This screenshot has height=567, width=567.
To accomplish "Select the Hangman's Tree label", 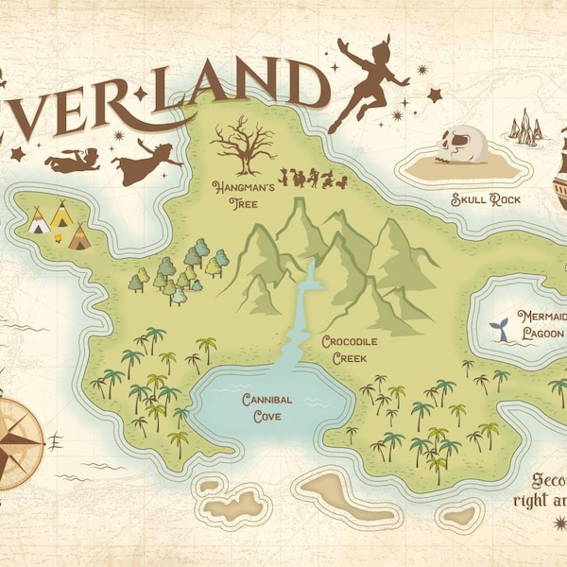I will point(243,195).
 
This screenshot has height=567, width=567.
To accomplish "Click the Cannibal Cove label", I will point(266,405).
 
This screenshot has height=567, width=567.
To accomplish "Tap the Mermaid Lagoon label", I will point(540,325).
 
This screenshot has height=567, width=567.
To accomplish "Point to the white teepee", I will point(39,223).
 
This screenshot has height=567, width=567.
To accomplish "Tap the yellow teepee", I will point(61,216).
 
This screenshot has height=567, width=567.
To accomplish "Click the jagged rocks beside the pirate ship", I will point(525,129).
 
